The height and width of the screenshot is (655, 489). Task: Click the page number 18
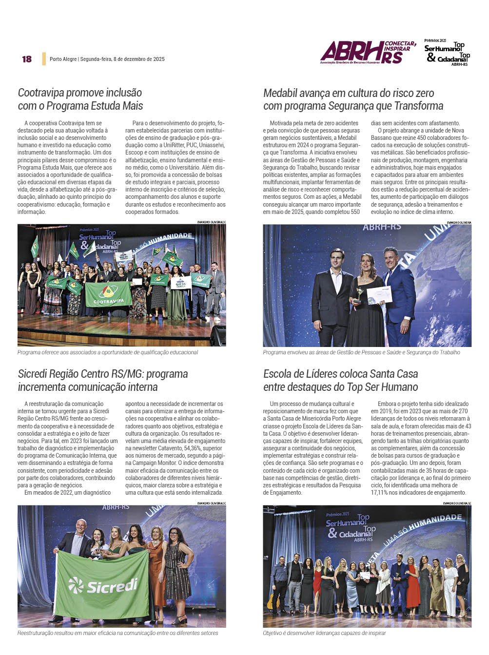pyautogui.click(x=27, y=59)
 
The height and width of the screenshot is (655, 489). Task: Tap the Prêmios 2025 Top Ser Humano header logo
pyautogui.click(x=447, y=53)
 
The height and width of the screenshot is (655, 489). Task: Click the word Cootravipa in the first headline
pyautogui.click(x=41, y=93)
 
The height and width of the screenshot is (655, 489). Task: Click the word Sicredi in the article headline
pyautogui.click(x=35, y=374)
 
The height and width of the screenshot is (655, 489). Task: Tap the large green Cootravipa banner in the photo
pyautogui.click(x=108, y=294)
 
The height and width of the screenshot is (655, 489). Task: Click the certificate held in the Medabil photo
pyautogui.click(x=379, y=295)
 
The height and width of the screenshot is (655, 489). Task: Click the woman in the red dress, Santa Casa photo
pyautogui.click(x=413, y=585)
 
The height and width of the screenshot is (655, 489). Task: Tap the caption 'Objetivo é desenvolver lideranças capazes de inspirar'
pyautogui.click(x=324, y=633)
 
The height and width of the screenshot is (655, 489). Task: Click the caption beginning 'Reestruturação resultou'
pyautogui.click(x=117, y=633)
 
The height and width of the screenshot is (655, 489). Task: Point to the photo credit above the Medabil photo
pyautogui.click(x=459, y=222)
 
